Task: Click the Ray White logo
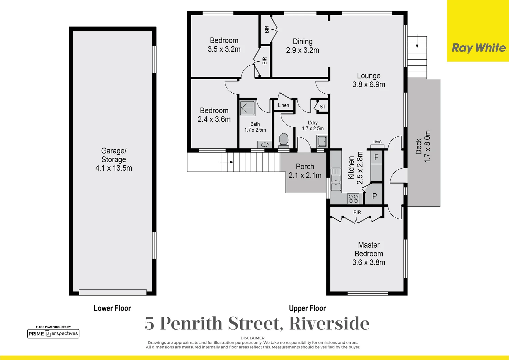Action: click(479, 48)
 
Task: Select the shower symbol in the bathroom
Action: click(247, 108)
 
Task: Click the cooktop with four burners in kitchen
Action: click(353, 199)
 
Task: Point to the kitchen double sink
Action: click(336, 179)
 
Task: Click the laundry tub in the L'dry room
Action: click(322, 141)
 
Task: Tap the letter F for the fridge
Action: click(376, 157)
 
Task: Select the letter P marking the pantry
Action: click(374, 196)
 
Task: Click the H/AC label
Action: click(377, 142)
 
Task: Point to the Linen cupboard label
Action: click(283, 105)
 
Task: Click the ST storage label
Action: click(322, 107)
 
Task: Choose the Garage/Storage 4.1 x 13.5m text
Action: click(114, 159)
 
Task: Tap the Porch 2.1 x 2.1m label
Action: click(305, 171)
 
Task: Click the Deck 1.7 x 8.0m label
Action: click(423, 147)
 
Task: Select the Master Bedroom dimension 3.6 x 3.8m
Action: click(368, 263)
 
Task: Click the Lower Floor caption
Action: click(112, 308)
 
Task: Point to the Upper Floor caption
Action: click(307, 308)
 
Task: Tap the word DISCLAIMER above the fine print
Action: click(253, 338)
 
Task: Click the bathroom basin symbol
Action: click(265, 145)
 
